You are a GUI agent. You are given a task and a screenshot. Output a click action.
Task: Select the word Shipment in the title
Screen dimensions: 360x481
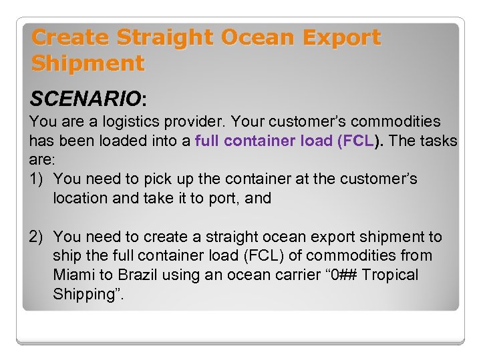click(x=88, y=63)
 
